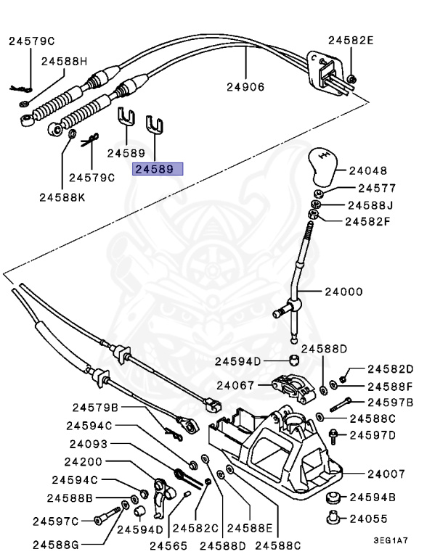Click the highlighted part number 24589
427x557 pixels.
point(157,170)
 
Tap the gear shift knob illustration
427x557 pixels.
point(322,168)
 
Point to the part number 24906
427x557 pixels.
point(245,87)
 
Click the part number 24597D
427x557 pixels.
point(373,435)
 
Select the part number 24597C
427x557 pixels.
point(55,520)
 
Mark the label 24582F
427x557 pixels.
point(369,221)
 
